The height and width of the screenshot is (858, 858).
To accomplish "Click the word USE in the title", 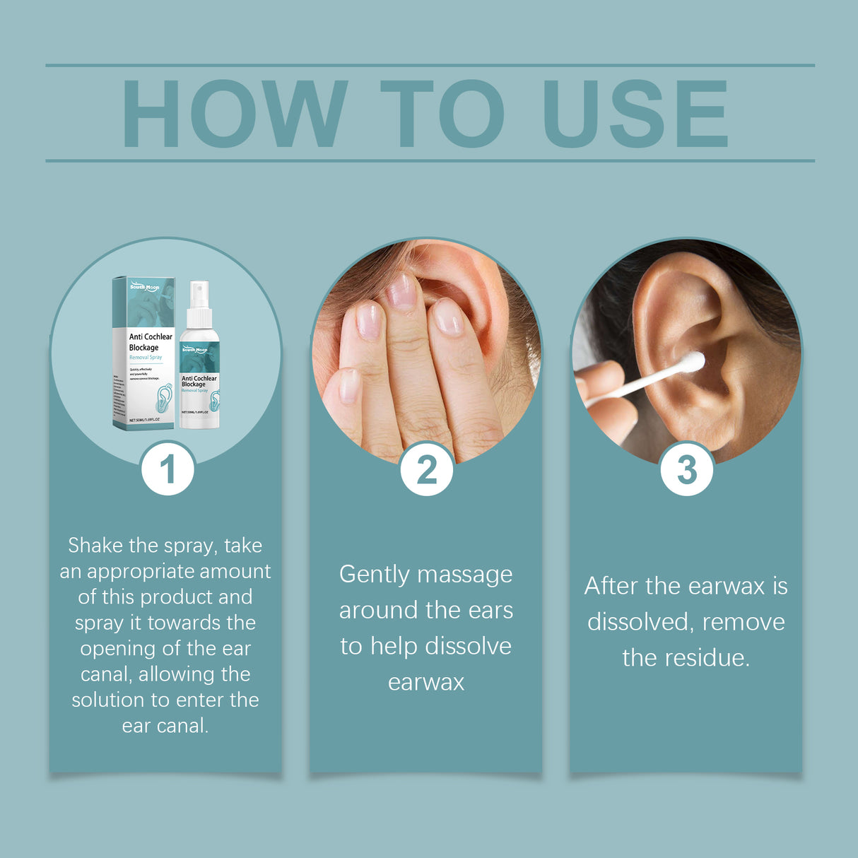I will pyautogui.click(x=635, y=114).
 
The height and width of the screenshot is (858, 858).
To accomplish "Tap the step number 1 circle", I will pyautogui.click(x=168, y=469).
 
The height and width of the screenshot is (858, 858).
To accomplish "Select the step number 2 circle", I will pyautogui.click(x=426, y=469).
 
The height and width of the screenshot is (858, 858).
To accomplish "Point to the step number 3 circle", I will pyautogui.click(x=686, y=469).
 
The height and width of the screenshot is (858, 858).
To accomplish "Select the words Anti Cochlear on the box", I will pyautogui.click(x=151, y=337).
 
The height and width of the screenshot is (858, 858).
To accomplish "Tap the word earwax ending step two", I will pyautogui.click(x=426, y=683).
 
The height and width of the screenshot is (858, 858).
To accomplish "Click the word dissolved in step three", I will pyautogui.click(x=639, y=623).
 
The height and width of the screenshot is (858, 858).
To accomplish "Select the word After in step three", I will pyautogui.click(x=611, y=587).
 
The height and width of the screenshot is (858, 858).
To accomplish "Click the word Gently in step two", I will pyautogui.click(x=374, y=575).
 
